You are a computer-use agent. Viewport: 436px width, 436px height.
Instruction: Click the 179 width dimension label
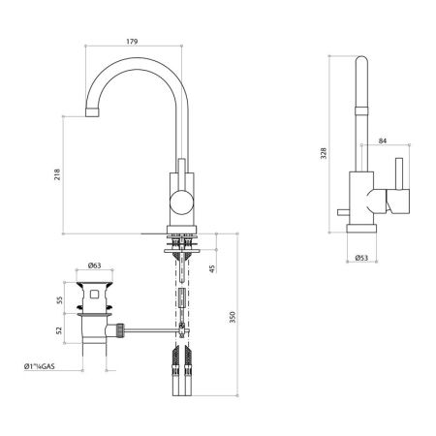134,42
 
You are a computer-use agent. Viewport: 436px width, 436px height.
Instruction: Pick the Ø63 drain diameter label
94,265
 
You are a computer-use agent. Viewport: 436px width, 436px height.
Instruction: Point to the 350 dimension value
230,318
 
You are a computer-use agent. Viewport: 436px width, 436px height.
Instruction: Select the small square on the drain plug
95,292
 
